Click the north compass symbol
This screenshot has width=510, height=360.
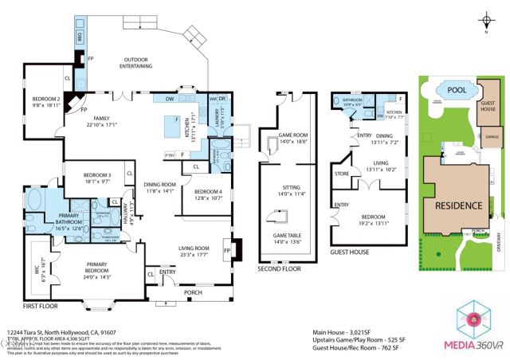click(x=484, y=22)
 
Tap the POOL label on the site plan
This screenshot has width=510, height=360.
click(x=455, y=91)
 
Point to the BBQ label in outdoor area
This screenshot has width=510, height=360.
click(x=80, y=37)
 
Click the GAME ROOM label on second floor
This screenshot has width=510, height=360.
click(x=293, y=136)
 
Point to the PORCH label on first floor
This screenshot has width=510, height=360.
click(x=193, y=292)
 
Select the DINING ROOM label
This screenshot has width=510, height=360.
click(x=159, y=186)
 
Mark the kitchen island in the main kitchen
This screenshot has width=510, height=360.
click(x=171, y=125)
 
